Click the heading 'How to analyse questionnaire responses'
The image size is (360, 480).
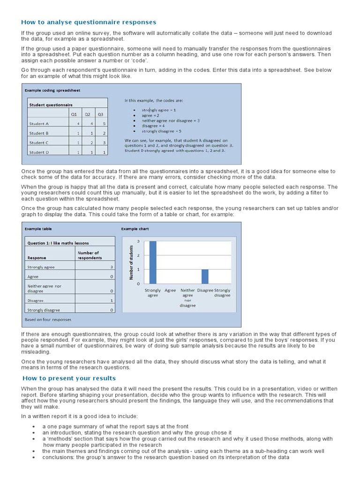(x=89, y=22)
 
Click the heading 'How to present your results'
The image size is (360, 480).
(x=69, y=378)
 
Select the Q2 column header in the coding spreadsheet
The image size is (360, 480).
(x=87, y=114)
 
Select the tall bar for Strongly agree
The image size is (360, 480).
(x=153, y=262)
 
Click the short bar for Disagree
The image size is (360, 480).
(x=205, y=277)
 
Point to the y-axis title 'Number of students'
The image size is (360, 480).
(x=132, y=262)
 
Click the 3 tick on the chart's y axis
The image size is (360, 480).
(x=138, y=241)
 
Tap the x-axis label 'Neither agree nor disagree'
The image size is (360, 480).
(x=187, y=298)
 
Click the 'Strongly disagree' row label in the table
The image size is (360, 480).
(x=44, y=310)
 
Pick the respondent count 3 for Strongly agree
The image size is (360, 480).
(x=111, y=267)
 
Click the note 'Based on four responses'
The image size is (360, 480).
(x=48, y=320)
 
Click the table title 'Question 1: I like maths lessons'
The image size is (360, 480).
(x=58, y=243)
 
